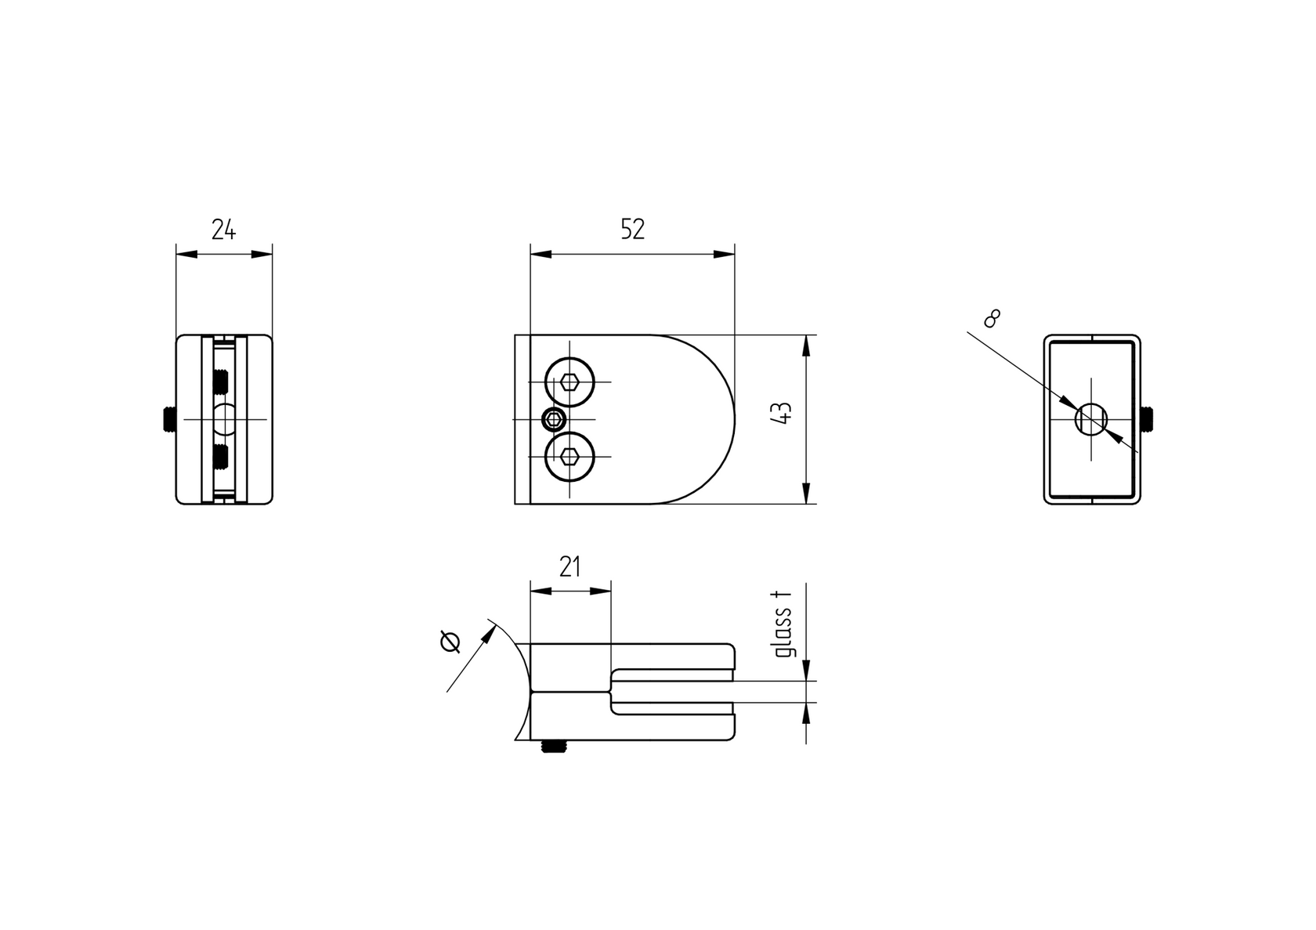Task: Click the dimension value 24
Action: (x=223, y=230)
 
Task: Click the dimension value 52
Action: (x=632, y=230)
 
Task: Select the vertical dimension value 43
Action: (x=782, y=413)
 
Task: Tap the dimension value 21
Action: (x=569, y=566)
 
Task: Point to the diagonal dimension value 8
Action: (x=992, y=318)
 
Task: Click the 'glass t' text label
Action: (x=783, y=624)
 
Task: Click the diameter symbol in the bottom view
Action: (x=450, y=642)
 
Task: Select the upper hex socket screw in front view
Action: (x=569, y=382)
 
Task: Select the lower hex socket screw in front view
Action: (x=569, y=457)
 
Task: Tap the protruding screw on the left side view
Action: (x=168, y=420)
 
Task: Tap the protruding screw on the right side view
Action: (x=1148, y=420)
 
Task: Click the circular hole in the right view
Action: (x=1091, y=420)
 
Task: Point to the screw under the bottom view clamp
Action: (x=554, y=749)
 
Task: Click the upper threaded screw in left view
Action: (x=222, y=383)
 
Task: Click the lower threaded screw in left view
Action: (x=222, y=458)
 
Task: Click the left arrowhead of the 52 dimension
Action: (x=540, y=254)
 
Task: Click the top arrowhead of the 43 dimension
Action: (x=806, y=345)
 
